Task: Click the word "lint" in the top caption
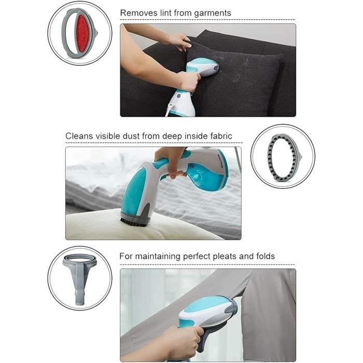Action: [166, 13]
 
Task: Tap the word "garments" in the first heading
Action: [213, 13]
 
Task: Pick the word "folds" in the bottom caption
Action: [266, 256]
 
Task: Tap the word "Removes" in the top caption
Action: [139, 13]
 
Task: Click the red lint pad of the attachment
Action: [82, 33]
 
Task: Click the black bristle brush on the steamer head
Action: [134, 221]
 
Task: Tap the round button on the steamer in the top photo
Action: [178, 95]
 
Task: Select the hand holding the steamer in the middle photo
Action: [171, 163]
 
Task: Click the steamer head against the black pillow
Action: [203, 67]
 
